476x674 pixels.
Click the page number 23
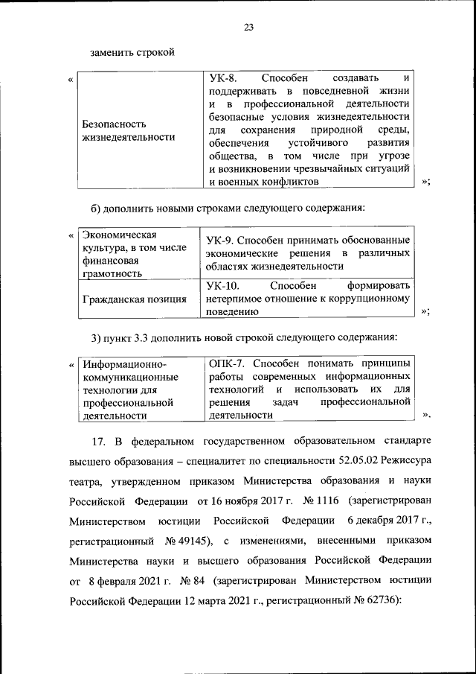pos(249,28)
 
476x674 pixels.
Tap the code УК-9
pos(222,240)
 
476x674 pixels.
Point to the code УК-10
pos(225,286)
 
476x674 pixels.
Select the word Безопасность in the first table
pos(114,124)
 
